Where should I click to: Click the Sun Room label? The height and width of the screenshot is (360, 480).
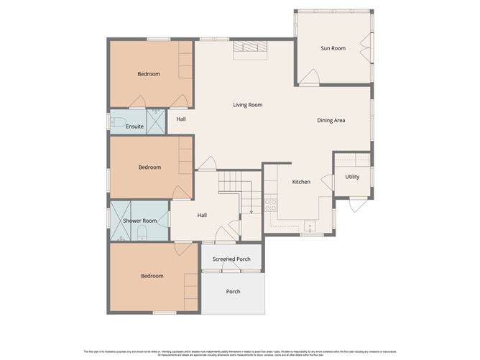(333, 48)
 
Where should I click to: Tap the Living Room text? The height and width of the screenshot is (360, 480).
(247, 105)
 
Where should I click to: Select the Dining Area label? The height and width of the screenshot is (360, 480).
(331, 120)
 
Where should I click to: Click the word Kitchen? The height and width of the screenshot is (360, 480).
(301, 182)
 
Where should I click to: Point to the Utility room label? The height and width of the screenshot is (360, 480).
(352, 177)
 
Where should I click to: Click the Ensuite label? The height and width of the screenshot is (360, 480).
(134, 126)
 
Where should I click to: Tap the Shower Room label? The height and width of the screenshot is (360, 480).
(140, 221)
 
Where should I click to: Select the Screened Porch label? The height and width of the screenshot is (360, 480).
(231, 259)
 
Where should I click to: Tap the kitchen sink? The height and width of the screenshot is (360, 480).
(311, 226)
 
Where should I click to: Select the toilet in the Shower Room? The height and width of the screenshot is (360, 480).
(142, 231)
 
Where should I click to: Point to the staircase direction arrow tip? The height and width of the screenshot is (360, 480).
(251, 213)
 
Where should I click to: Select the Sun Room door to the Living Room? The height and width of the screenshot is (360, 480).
(310, 76)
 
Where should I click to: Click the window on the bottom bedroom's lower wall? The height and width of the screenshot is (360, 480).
(165, 313)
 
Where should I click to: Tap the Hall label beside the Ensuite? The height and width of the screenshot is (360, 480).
(180, 119)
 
